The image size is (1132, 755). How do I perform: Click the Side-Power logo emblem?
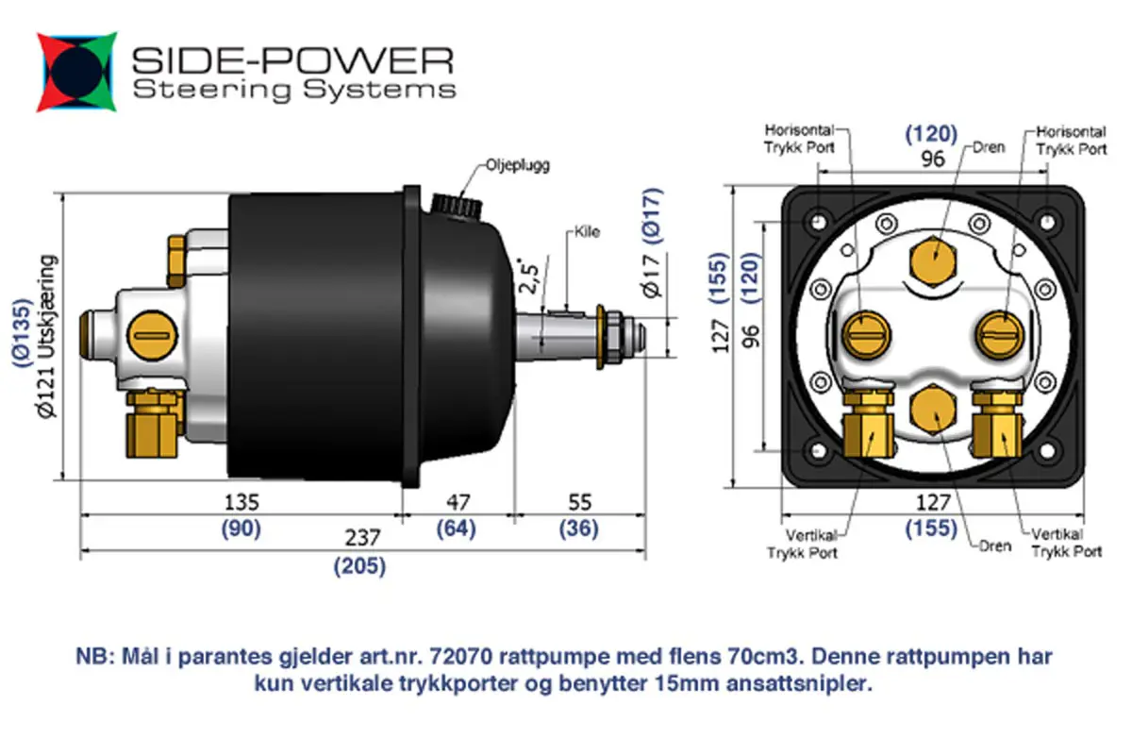[77, 73]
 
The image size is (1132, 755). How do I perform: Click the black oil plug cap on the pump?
[454, 202]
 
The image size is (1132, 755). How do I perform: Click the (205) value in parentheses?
[360, 566]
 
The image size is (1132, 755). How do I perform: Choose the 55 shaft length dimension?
[578, 501]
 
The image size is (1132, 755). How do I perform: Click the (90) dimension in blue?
[241, 529]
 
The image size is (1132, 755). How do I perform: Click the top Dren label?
[986, 148]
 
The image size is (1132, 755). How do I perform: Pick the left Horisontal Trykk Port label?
[799, 141]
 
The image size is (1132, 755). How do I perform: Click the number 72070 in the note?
[461, 656]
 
